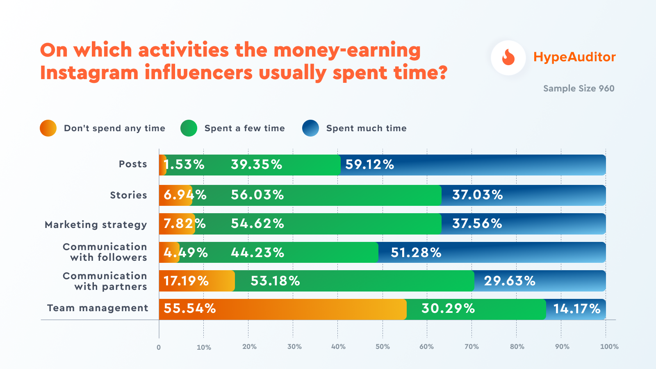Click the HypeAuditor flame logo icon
pos(508,58)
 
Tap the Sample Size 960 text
pos(579,89)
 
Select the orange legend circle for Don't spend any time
pos(48,128)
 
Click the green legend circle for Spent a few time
pos(189,128)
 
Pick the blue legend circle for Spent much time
pos(310,128)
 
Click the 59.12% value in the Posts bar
pos(369,165)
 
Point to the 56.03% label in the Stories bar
pos(257,195)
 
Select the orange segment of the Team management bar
pos(283,309)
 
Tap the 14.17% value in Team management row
pos(576,309)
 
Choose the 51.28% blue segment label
pos(416,253)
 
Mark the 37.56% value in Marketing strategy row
pos(477,223)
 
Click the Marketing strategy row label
pos(96,225)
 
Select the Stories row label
pos(128,195)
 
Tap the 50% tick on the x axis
pos(383,346)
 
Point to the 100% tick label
pos(609,346)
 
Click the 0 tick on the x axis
pos(159,347)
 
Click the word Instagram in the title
pos(89,73)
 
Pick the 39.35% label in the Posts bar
pos(256,165)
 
